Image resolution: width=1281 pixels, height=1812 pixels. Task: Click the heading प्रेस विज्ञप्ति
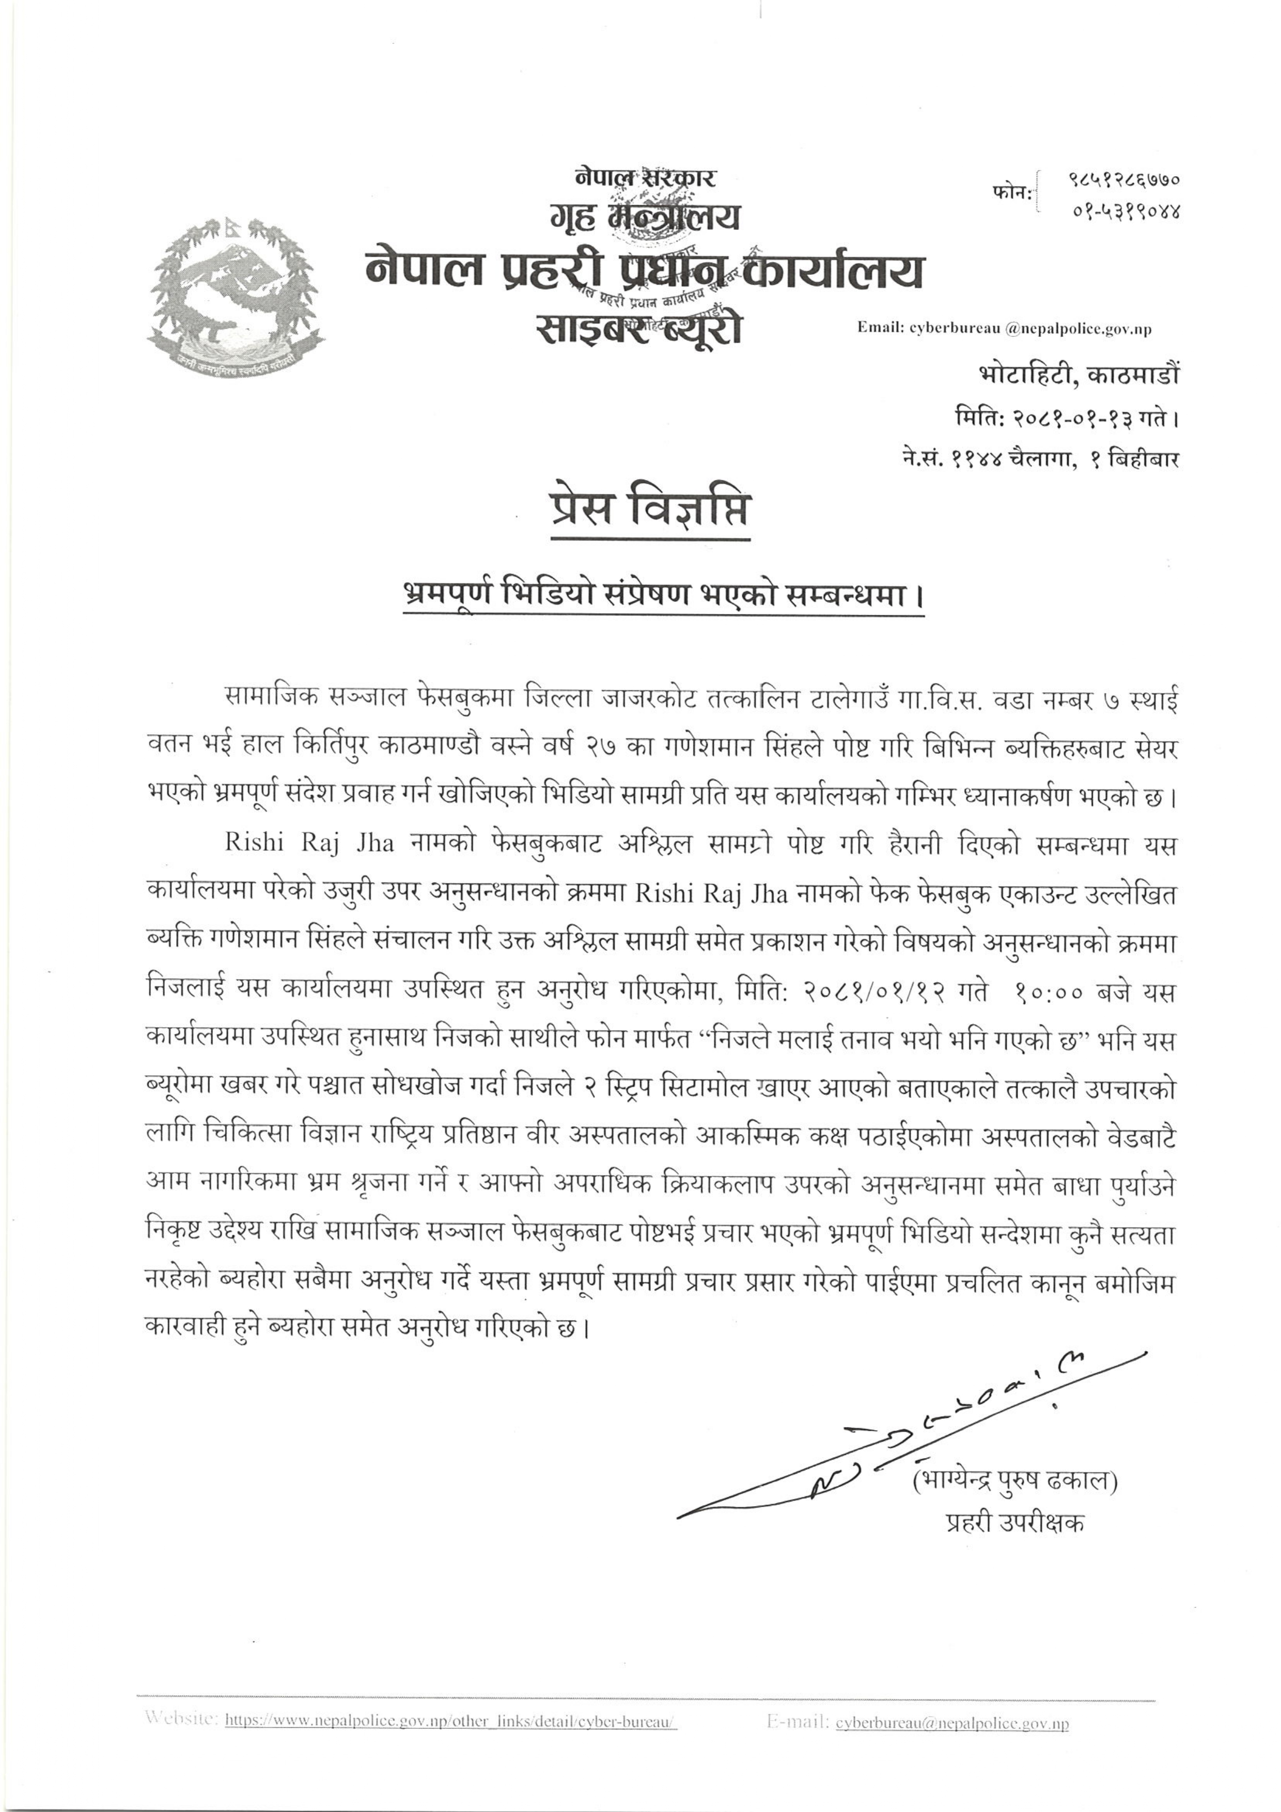tap(649, 510)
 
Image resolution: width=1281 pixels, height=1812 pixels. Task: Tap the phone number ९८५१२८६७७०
tap(1123, 180)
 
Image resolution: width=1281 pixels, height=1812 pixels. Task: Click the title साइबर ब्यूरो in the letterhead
tap(639, 328)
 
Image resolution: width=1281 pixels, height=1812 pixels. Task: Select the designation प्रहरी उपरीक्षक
tap(1015, 1522)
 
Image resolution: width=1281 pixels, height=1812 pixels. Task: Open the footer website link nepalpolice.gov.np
tap(450, 1743)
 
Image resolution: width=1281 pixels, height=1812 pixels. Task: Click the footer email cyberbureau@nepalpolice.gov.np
tap(952, 1743)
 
